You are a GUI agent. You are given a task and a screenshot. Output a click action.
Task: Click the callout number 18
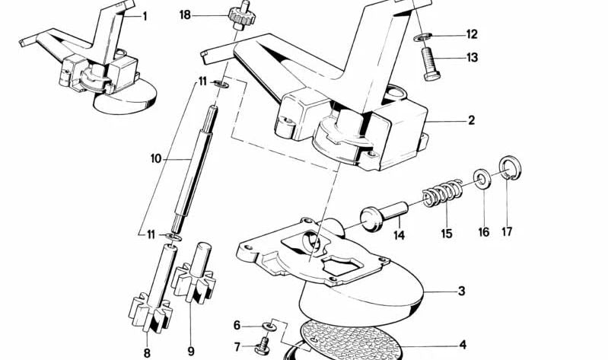pyautogui.click(x=185, y=15)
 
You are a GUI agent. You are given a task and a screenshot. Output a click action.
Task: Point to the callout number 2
pyautogui.click(x=471, y=120)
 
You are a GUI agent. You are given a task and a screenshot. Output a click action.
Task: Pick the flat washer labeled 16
pyautogui.click(x=482, y=178)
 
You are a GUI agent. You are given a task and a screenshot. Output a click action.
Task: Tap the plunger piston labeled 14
pyautogui.click(x=384, y=217)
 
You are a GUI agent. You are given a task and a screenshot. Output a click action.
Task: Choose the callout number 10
pyautogui.click(x=156, y=158)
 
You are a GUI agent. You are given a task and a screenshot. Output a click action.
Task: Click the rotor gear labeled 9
pyautogui.click(x=194, y=274)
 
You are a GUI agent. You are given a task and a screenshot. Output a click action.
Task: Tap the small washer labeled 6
pyautogui.click(x=269, y=326)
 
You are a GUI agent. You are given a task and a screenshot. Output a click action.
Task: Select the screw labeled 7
pyautogui.click(x=263, y=345)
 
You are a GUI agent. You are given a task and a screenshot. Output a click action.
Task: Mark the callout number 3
pyautogui.click(x=461, y=291)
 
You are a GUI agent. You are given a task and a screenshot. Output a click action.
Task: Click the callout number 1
pyautogui.click(x=145, y=17)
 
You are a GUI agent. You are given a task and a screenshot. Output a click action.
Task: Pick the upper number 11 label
pyautogui.click(x=203, y=82)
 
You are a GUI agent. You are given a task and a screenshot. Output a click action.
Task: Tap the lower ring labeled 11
pyautogui.click(x=173, y=237)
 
